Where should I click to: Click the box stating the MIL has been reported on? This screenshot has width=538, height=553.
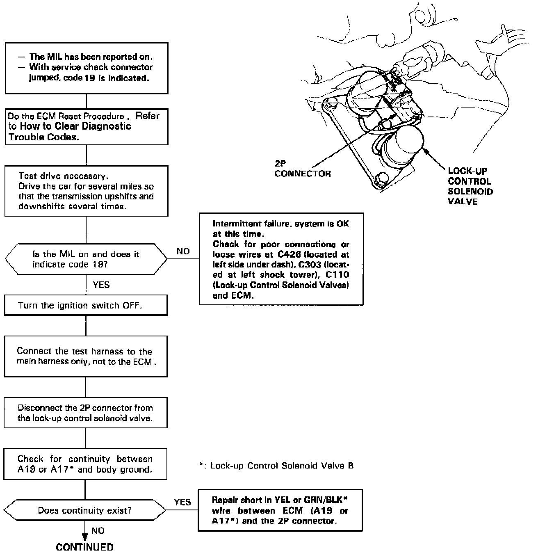pyautogui.click(x=86, y=68)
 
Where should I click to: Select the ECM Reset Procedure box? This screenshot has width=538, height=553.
pyautogui.click(x=86, y=126)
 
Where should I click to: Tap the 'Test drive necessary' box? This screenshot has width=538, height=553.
pyautogui.click(x=86, y=191)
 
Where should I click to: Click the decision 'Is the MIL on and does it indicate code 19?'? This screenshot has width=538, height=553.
pyautogui.click(x=86, y=259)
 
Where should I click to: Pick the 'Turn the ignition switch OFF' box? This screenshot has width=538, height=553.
pyautogui.click(x=86, y=305)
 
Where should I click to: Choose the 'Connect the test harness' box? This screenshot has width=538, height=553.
pyautogui.click(x=86, y=356)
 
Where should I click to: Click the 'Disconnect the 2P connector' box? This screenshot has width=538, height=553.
pyautogui.click(x=86, y=413)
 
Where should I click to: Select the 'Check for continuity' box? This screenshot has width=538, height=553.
pyautogui.click(x=85, y=464)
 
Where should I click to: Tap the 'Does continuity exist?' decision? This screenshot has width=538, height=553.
pyautogui.click(x=85, y=510)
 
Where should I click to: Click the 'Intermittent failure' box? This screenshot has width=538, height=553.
pyautogui.click(x=281, y=259)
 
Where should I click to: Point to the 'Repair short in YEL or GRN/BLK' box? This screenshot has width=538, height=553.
pyautogui.click(x=280, y=510)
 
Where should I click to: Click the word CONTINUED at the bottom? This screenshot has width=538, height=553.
pyautogui.click(x=84, y=547)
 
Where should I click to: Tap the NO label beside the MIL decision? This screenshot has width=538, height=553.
pyautogui.click(x=183, y=251)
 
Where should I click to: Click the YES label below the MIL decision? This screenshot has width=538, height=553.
pyautogui.click(x=101, y=285)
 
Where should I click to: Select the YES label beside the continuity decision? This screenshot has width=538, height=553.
pyautogui.click(x=182, y=502)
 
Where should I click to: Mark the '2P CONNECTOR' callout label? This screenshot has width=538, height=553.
pyautogui.click(x=302, y=169)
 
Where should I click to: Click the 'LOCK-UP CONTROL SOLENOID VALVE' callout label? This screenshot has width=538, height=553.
pyautogui.click(x=470, y=186)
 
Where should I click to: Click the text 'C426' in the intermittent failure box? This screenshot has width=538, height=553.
pyautogui.click(x=289, y=254)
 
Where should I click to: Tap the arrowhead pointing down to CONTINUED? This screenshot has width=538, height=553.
pyautogui.click(x=85, y=536)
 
